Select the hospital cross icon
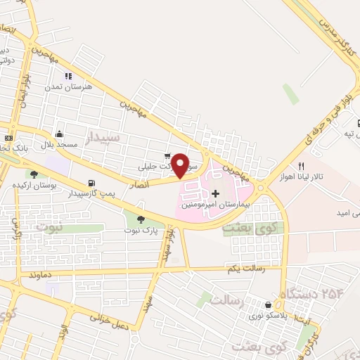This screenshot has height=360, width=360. [215, 193]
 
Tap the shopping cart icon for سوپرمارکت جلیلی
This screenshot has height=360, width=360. [167, 157]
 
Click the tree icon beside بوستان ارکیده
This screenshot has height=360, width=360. [33, 174]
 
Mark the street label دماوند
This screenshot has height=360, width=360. [38, 279]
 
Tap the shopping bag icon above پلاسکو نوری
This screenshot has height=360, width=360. [267, 305]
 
